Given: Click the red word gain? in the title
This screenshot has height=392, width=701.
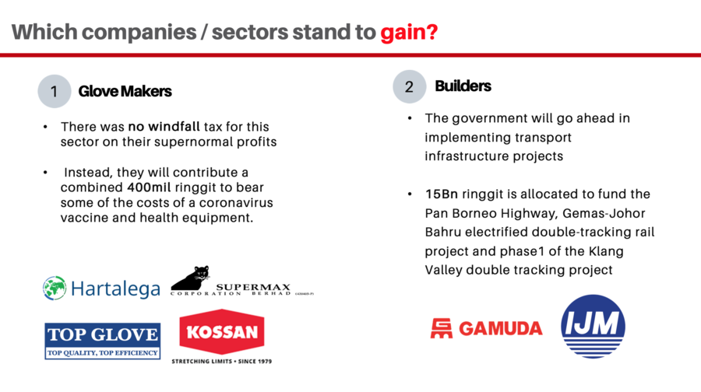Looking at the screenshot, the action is tap(409, 33).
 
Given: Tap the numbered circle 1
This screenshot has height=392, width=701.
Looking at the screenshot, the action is tap(55, 91).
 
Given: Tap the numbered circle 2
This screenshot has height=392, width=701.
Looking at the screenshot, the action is tap(410, 86).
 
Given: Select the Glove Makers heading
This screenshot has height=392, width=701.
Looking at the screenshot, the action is tap(125, 91).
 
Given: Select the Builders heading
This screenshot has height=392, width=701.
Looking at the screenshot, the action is tap(463, 86).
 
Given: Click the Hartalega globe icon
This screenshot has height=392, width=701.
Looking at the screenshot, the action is tap(55, 288).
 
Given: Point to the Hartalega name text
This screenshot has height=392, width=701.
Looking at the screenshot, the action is tap(115, 289).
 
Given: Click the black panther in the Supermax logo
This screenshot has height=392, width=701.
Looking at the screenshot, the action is tap(192, 278).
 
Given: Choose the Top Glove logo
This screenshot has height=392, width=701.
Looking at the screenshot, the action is tap(102, 341).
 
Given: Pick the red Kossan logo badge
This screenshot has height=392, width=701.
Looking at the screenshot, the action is tap(222, 332).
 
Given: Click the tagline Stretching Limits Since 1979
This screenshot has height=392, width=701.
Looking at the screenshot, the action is tap(222, 361).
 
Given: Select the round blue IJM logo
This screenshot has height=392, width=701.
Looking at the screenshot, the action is tap(593, 327).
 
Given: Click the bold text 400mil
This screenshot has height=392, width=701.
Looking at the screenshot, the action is tap(149, 187).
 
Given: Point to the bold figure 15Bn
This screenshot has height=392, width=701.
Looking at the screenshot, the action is tap(442, 194).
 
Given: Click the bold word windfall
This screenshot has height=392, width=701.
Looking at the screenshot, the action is tap(174, 126).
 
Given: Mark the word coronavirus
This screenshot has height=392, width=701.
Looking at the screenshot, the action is tap(236, 202).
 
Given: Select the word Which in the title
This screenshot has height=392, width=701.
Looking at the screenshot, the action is tap(44, 32).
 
